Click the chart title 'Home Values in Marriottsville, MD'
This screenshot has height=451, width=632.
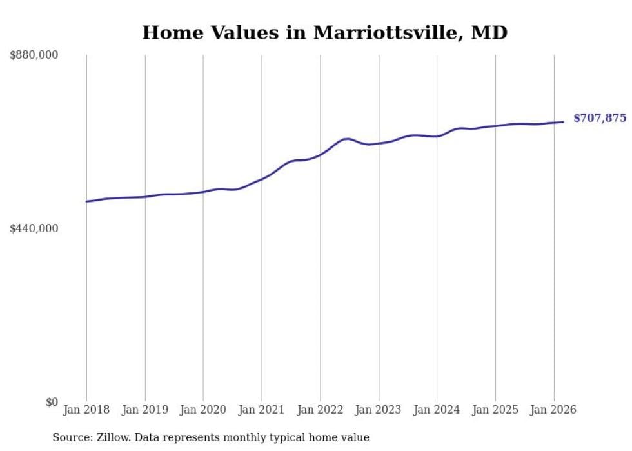pyautogui.click(x=324, y=33)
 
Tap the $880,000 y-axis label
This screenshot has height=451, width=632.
pyautogui.click(x=34, y=55)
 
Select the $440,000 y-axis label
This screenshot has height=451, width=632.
pyautogui.click(x=34, y=228)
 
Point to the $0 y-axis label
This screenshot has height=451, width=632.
pyautogui.click(x=52, y=402)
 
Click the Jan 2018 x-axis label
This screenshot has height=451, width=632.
pyautogui.click(x=86, y=410)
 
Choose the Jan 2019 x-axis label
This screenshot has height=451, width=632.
pyautogui.click(x=145, y=410)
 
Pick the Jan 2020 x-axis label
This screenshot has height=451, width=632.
pyautogui.click(x=203, y=410)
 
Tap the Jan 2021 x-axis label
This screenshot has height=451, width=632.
pyautogui.click(x=262, y=410)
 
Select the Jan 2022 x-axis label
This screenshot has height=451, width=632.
pyautogui.click(x=321, y=410)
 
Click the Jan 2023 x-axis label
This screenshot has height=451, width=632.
pyautogui.click(x=379, y=410)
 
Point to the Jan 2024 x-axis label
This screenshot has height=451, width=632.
pyautogui.click(x=437, y=410)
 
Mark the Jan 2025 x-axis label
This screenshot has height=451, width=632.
pyautogui.click(x=495, y=410)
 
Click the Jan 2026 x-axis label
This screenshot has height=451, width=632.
pyautogui.click(x=553, y=410)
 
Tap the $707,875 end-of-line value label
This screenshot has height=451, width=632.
pyautogui.click(x=600, y=118)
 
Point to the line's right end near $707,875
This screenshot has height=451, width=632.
pyautogui.click(x=563, y=122)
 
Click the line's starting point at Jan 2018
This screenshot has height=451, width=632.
pyautogui.click(x=86, y=201)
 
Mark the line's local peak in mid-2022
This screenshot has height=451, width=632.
pyautogui.click(x=347, y=139)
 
